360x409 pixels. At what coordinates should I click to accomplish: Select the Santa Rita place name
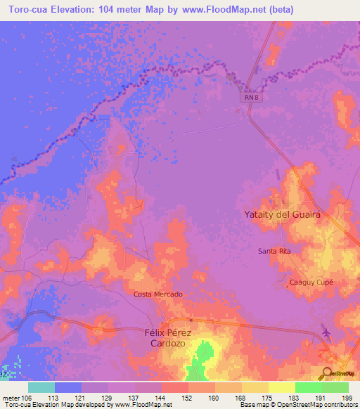tap(274, 251)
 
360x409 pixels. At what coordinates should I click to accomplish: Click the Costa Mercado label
tap(158, 294)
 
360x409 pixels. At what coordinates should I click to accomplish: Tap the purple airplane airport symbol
tap(326, 331)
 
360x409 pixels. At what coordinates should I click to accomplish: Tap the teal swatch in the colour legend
tap(41, 387)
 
